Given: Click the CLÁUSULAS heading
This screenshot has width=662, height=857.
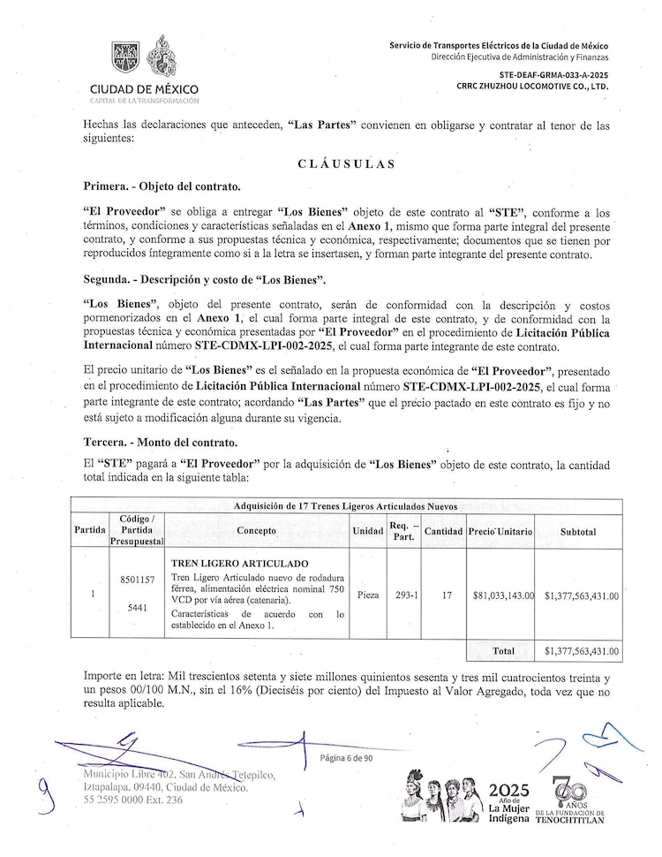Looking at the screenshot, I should pos(346,164).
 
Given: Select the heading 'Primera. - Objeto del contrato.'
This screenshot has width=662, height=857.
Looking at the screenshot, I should pos(162,187).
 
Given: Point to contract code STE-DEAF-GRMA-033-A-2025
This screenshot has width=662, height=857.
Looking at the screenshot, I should pos(553,77).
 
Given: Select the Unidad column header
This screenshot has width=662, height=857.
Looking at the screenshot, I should pos(367,532).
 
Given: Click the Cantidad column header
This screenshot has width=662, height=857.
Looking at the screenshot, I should pos(443,532).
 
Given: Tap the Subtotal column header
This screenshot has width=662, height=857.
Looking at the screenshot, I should pos(578,532).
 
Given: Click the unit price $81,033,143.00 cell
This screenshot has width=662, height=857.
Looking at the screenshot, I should pos(503,595).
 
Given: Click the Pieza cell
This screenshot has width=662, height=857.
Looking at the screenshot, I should pos(367,595).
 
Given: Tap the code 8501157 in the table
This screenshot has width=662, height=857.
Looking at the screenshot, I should pos(137,580).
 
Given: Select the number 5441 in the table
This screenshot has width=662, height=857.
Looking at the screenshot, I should pos(137,609).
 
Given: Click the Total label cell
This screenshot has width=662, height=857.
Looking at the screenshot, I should pos(503,651).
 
